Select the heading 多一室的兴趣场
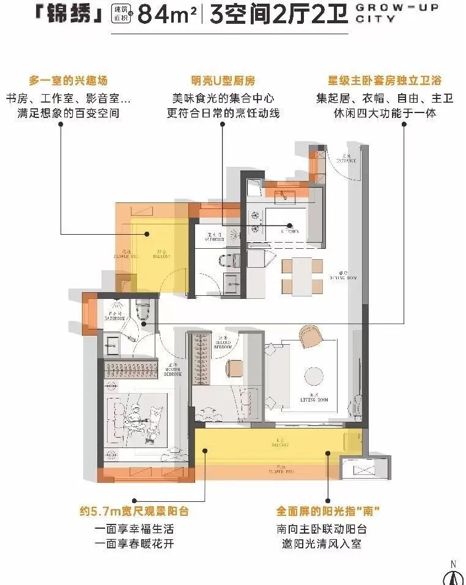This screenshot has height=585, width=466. [x=72, y=81]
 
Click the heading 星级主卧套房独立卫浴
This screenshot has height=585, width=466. [x=386, y=81]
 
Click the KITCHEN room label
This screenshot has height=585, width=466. [x=290, y=232]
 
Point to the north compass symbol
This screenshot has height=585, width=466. [x=453, y=575]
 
